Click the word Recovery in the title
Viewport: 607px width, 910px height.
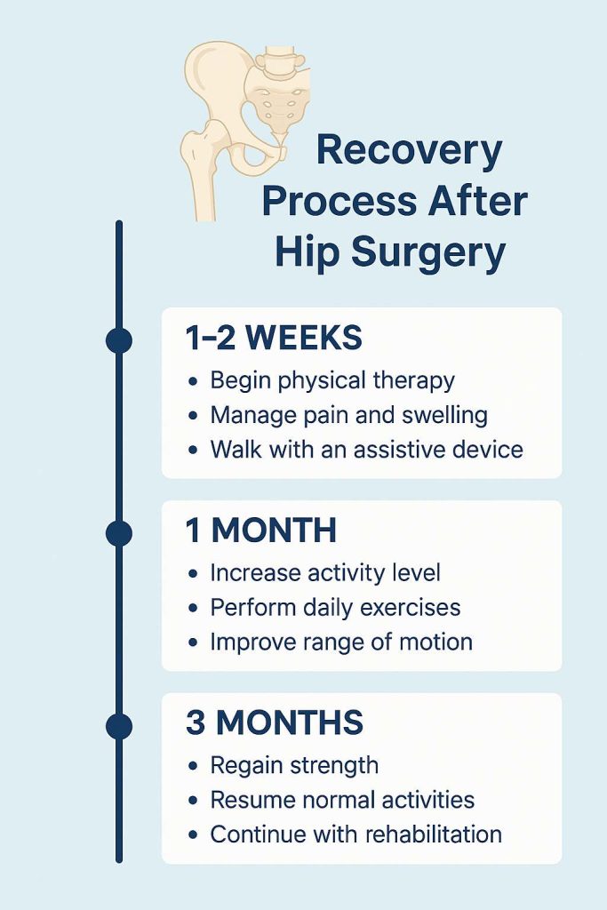coord(409,151)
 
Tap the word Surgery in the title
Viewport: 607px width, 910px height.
coord(428,254)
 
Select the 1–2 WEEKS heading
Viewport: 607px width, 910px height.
coord(274,338)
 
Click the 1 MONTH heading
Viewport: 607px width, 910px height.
coord(261,530)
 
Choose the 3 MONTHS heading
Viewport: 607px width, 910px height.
coord(275,722)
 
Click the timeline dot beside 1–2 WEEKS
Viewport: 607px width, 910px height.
coord(119,340)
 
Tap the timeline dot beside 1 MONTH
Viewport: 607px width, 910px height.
coord(119,533)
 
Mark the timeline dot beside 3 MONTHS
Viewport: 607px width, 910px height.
coord(119,726)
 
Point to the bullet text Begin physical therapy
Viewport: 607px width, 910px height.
coord(332,381)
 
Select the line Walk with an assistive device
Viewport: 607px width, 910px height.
coord(367,449)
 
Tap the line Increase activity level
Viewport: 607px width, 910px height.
coord(325,573)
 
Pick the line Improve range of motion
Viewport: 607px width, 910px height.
coord(341,642)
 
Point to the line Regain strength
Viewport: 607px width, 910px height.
coord(294,765)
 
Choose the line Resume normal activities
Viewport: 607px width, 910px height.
coord(342,800)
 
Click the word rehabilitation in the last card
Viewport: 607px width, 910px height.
coord(434,834)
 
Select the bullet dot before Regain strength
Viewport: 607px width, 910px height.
coord(193,766)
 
